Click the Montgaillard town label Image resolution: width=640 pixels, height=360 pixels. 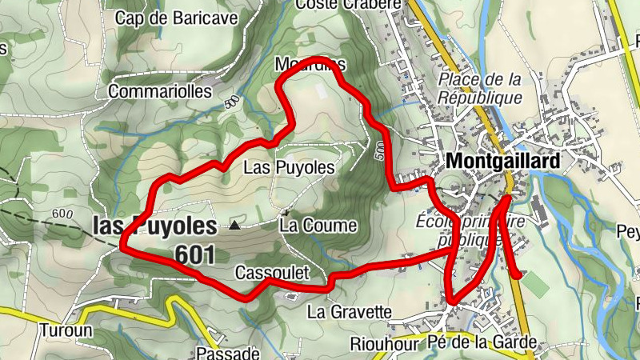(503, 161)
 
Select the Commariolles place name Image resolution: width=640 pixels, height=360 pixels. (160, 91)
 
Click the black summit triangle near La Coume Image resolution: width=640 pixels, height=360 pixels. (234, 226)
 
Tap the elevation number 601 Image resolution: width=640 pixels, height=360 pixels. (194, 254)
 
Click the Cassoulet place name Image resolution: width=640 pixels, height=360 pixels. (271, 273)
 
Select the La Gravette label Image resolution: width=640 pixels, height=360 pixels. (349, 310)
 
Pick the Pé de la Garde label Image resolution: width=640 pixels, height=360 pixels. (482, 343)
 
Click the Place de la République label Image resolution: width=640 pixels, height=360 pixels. (480, 88)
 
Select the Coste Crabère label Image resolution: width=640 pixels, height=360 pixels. (347, 5)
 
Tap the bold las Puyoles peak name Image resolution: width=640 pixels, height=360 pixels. (154, 226)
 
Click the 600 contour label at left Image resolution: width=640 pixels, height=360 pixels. (60, 214)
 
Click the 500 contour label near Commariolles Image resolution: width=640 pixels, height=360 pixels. (232, 102)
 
